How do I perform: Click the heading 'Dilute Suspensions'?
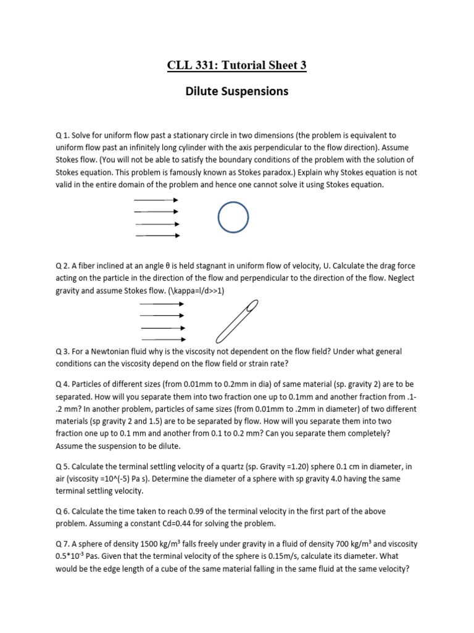(x=237, y=91)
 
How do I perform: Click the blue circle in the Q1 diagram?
(x=233, y=218)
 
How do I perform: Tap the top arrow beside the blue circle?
(x=157, y=200)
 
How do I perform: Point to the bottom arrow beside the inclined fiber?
(x=164, y=339)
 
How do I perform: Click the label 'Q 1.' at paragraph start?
(x=63, y=135)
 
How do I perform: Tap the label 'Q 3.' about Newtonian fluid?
(x=63, y=351)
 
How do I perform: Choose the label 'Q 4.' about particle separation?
(x=63, y=386)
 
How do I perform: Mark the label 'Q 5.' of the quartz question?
(x=63, y=467)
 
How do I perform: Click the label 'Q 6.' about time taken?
(x=63, y=512)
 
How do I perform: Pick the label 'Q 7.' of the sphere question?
(x=63, y=544)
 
